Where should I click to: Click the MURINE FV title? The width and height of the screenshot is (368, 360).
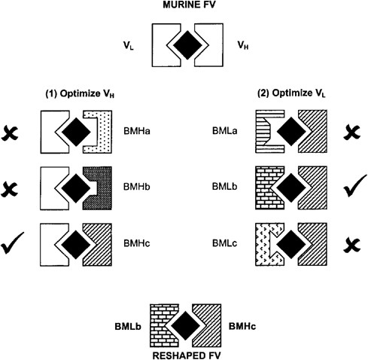tap(182, 8)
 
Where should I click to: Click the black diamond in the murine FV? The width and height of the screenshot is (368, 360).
tap(183, 46)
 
